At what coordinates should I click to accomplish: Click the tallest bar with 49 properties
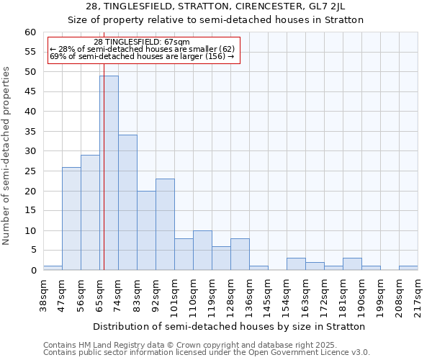coord(109,173)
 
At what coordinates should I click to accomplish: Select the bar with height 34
coord(127,202)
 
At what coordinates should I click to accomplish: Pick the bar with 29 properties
coord(90,212)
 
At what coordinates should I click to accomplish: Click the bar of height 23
coord(165,224)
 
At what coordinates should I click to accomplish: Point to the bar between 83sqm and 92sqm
coord(146,230)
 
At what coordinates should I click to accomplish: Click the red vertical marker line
coord(104,180)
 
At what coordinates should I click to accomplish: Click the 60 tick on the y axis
coord(30,32)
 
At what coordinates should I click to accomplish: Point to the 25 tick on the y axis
coord(30,171)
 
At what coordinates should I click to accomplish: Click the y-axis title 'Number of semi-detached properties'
coord(7,156)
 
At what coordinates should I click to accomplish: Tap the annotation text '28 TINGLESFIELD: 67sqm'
coord(142,42)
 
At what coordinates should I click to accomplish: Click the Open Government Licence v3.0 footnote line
coord(207,352)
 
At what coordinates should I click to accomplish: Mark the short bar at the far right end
coord(408,268)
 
